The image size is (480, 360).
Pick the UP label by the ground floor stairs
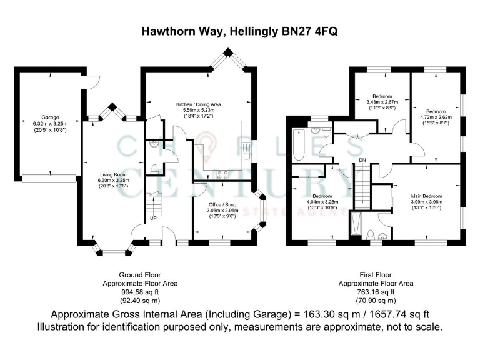pyautogui.click(x=152, y=218)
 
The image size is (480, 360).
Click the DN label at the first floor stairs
pyautogui.click(x=362, y=161)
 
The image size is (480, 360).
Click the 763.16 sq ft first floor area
pyautogui.click(x=376, y=291)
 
